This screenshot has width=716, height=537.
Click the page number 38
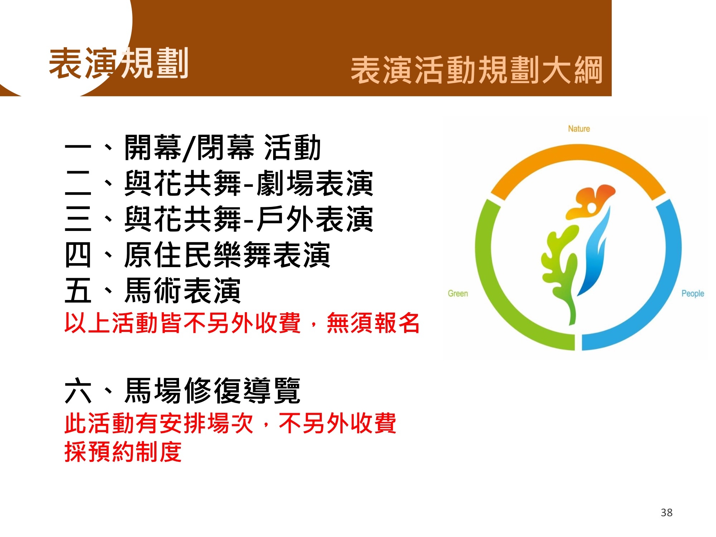(667, 513)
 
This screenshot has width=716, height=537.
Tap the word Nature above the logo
(579, 129)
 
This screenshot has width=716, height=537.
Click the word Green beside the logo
(458, 294)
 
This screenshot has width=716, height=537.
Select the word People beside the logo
(693, 294)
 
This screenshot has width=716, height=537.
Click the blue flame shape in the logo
(592, 254)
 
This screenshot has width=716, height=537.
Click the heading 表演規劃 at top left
(118, 64)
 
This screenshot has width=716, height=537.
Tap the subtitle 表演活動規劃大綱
(476, 70)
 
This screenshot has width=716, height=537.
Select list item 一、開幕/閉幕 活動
(193, 147)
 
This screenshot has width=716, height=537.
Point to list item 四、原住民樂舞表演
(197, 255)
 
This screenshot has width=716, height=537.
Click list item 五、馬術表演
(153, 291)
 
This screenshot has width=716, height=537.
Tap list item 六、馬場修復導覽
(183, 391)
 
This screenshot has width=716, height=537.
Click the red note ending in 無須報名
(242, 323)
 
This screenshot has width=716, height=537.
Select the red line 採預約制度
(123, 452)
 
